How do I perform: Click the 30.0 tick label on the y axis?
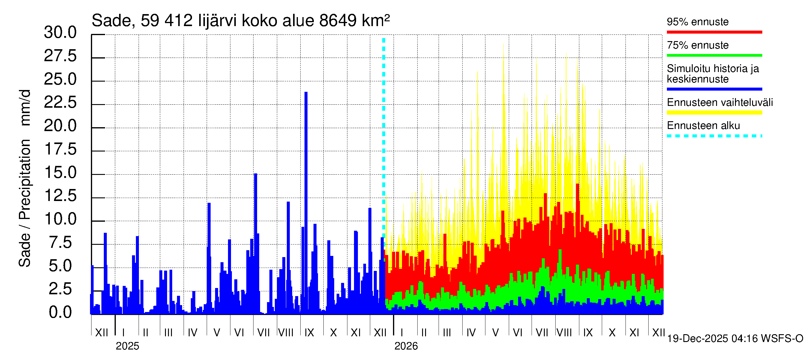60,32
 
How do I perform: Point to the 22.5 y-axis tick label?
60,103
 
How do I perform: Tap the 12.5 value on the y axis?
60,196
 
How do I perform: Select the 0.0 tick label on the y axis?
60,313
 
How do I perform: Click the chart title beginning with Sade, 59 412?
241,21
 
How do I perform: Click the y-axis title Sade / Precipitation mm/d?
25,178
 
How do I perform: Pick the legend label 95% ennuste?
697,22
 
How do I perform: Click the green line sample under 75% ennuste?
714,55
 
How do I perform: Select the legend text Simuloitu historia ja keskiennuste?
712,73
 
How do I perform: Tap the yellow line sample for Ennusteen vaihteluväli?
714,112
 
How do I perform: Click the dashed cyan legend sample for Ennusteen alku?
714,136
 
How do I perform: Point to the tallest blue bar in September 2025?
306,157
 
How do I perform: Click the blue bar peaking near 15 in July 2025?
256,220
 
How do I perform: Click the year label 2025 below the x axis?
127,346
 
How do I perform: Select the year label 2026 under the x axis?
406,346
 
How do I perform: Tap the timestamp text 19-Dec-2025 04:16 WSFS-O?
735,339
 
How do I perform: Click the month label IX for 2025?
309,333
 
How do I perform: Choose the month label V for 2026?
495,333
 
